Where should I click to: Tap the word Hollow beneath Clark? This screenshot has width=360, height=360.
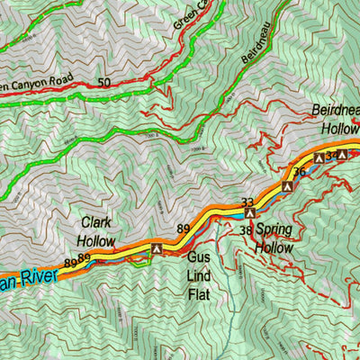96,240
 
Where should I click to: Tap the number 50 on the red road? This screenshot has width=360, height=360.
104,83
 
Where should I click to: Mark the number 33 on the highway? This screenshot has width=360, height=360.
248,202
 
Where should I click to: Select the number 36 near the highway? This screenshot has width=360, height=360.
300,171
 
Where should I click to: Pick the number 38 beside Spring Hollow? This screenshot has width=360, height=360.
245,230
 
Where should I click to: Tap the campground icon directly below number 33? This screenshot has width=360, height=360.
249,214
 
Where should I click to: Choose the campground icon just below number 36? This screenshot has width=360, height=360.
288,185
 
